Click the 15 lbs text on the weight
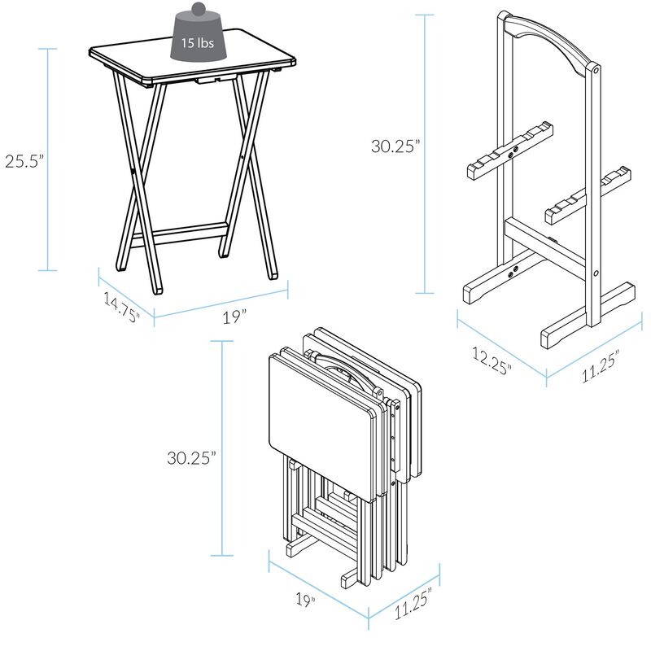point(198,42)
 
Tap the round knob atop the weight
point(198,9)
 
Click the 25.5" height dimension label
point(22,160)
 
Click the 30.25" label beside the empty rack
point(395,146)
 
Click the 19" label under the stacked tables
point(306,599)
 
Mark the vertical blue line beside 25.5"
point(50,160)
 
